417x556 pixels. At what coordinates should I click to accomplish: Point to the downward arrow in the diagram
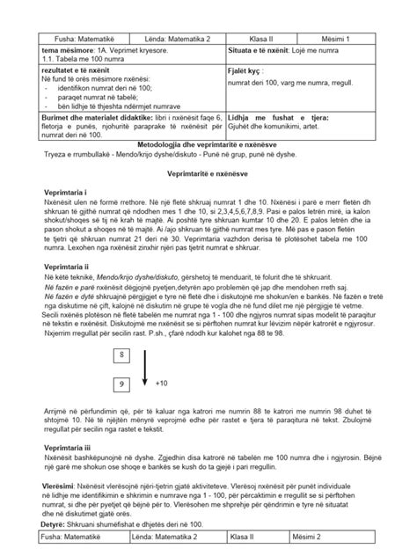pyautogui.click(x=168, y=345)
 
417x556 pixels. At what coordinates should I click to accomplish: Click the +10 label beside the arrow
pyautogui.click(x=186, y=359)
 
